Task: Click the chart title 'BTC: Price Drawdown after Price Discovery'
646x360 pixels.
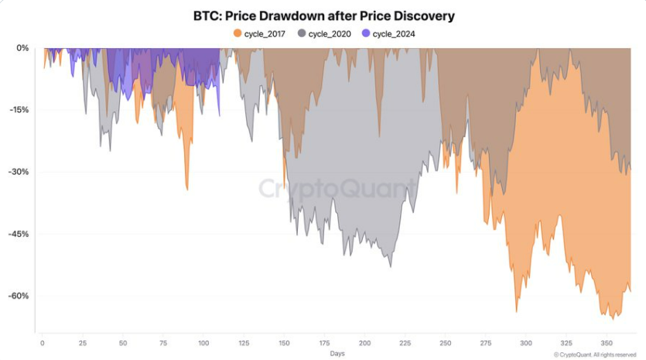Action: click(x=323, y=15)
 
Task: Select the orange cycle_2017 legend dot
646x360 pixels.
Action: click(x=238, y=33)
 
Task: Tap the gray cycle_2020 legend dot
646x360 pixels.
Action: click(x=302, y=33)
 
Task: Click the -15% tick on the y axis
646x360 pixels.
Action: click(x=20, y=110)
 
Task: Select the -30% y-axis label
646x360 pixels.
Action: click(x=20, y=172)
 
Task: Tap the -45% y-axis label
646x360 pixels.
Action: click(x=20, y=234)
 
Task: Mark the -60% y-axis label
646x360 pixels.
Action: click(x=20, y=296)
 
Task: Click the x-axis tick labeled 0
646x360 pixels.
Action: click(x=42, y=341)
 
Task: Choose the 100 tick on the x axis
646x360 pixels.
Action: click(x=203, y=341)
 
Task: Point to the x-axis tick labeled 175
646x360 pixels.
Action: click(x=324, y=341)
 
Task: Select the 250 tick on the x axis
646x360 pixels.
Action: click(x=445, y=341)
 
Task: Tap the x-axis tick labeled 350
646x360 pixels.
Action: click(x=607, y=341)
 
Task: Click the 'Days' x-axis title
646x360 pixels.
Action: click(x=337, y=353)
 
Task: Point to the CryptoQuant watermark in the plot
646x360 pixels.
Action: click(x=337, y=188)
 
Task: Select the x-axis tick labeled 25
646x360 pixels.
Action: click(x=82, y=341)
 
